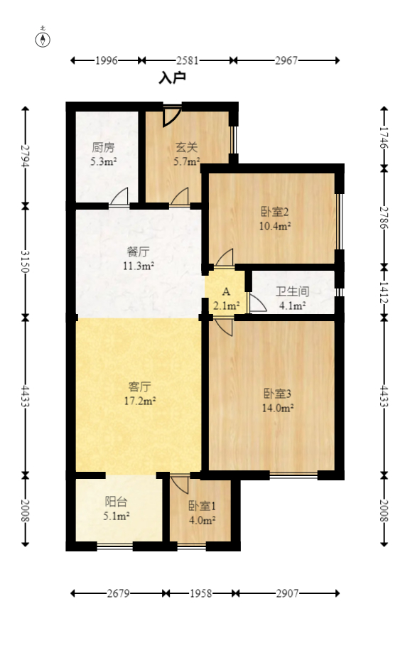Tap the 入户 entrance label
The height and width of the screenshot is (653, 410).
(x=172, y=77)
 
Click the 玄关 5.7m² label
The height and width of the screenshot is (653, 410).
(x=186, y=154)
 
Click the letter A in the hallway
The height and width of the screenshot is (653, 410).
(x=226, y=292)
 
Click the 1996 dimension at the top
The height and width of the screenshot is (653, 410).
(x=106, y=61)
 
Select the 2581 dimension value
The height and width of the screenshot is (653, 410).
(x=187, y=61)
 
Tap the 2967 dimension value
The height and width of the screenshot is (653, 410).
(x=286, y=61)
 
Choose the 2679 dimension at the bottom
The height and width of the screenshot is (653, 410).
(x=118, y=593)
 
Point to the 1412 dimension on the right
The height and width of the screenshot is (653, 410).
(x=384, y=290)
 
